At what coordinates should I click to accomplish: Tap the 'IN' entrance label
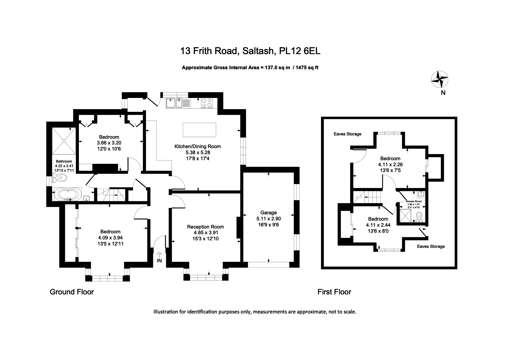(159, 261)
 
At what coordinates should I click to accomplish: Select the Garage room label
(268, 212)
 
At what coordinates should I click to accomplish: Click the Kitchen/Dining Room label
(198, 147)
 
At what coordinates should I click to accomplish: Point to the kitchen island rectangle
(199, 130)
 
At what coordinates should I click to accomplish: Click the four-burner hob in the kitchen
(206, 103)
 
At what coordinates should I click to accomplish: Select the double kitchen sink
(175, 103)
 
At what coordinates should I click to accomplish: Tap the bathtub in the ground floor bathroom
(68, 194)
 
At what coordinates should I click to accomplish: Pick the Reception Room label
(206, 227)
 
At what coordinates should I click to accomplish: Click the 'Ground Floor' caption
(72, 292)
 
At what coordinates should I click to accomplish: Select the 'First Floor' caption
(334, 292)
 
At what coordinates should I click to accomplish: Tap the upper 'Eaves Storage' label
(347, 134)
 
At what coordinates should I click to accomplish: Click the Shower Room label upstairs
(413, 201)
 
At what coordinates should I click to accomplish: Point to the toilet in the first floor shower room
(419, 217)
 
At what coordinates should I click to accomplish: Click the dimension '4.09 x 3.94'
(110, 238)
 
